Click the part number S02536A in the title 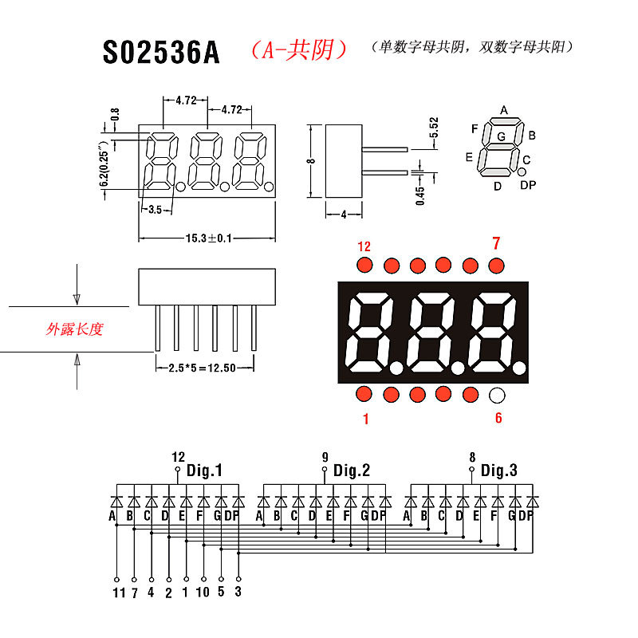tap(160, 52)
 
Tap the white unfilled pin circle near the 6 tap(497, 394)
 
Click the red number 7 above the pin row tap(495, 243)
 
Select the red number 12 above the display tap(364, 246)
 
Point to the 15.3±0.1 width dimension tap(208, 238)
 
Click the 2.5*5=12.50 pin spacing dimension tap(204, 368)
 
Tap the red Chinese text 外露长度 tap(75, 329)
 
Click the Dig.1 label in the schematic tap(204, 471)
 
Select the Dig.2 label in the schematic tap(352, 471)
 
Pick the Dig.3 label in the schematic tap(499, 471)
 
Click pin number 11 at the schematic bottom tap(119, 593)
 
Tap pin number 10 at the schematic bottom tap(203, 593)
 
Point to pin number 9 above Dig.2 tap(325, 457)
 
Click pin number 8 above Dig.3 tap(472, 457)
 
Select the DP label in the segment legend tap(528, 186)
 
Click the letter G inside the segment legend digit tap(501, 136)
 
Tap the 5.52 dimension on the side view tap(434, 128)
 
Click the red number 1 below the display tap(366, 419)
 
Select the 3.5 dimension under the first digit tap(155, 209)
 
